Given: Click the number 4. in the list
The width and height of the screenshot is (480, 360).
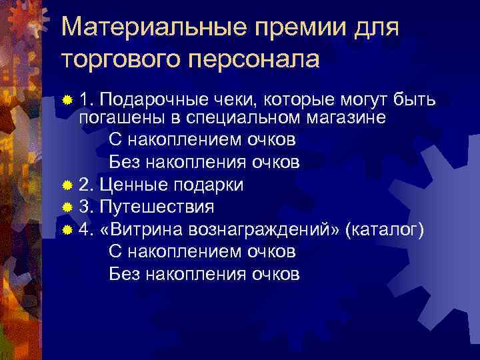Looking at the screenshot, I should point(85,229).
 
